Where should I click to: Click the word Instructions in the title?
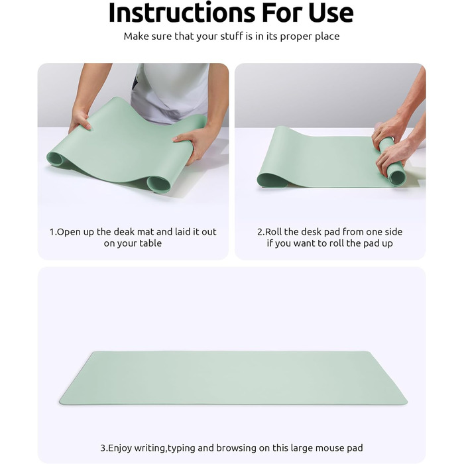182,13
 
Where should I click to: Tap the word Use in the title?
331,13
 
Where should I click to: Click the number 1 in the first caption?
52,232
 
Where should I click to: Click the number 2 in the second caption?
260,232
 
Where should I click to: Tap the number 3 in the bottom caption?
103,448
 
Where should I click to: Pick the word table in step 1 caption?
150,243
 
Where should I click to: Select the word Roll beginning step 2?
273,232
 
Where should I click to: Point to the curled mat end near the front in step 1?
159,184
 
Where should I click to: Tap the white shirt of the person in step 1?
170,92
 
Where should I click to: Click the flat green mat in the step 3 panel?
233,378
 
